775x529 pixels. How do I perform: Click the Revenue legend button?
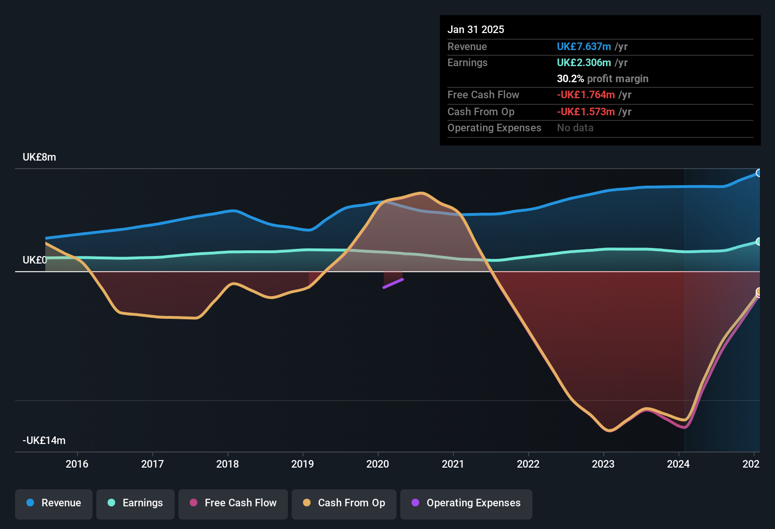tap(54, 503)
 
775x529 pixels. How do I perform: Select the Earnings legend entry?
tap(135, 503)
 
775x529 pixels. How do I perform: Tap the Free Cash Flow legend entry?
tap(233, 503)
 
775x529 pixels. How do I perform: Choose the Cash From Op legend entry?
tap(344, 503)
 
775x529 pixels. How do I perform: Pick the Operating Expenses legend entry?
tap(466, 503)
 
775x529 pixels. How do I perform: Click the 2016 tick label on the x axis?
tap(77, 464)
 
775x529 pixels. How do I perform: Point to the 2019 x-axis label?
tap(303, 464)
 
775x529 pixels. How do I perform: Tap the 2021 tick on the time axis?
tap(453, 464)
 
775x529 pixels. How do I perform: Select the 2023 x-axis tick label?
tap(603, 464)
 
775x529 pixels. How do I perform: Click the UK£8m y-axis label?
tap(39, 157)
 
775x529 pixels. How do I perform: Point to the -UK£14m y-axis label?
tap(44, 441)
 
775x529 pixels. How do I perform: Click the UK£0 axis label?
tap(35, 260)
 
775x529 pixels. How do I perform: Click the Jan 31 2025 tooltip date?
tap(476, 30)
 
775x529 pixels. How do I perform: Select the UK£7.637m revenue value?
tap(584, 47)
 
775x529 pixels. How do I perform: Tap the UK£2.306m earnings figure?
tap(584, 63)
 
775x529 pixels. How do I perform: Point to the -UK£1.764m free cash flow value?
tap(586, 95)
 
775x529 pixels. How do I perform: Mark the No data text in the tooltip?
tap(575, 128)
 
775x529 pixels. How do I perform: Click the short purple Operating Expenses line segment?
tap(393, 283)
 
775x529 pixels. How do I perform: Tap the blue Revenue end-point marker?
tap(758, 173)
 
